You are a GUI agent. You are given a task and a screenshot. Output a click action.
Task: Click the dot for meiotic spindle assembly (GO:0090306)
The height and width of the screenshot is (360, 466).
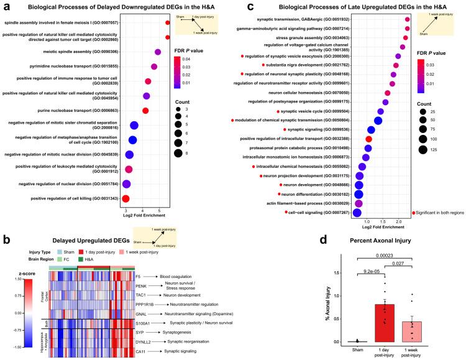(158, 52)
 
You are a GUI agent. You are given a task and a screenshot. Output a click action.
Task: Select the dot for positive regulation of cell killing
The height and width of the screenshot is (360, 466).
(126, 199)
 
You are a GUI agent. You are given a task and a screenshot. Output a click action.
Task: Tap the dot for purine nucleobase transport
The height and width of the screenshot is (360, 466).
(145, 111)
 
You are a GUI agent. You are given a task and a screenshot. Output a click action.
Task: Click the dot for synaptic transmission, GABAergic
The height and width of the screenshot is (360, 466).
(408, 20)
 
